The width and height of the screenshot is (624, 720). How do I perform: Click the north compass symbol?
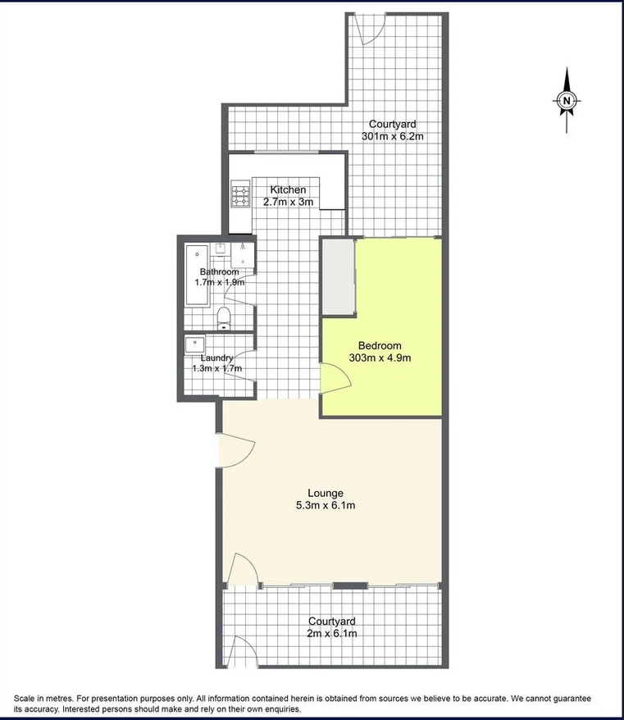pyautogui.click(x=566, y=101)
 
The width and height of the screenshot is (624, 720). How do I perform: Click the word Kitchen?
pyautogui.click(x=288, y=190)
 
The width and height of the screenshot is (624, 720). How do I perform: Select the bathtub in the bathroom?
pyautogui.click(x=197, y=275)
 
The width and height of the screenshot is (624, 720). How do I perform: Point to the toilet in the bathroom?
pyautogui.click(x=224, y=317)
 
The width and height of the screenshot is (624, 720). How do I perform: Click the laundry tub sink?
pyautogui.click(x=195, y=344)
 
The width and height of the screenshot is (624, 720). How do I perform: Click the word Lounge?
pyautogui.click(x=326, y=493)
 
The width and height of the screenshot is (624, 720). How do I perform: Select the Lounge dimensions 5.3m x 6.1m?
pyautogui.click(x=326, y=505)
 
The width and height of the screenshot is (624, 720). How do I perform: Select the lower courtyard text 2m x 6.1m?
pyautogui.click(x=331, y=633)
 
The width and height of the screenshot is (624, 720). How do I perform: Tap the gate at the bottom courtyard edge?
pyautogui.click(x=243, y=652)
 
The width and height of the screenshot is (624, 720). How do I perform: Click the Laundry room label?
pyautogui.click(x=217, y=358)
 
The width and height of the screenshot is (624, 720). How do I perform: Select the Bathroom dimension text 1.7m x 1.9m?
pyautogui.click(x=218, y=282)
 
